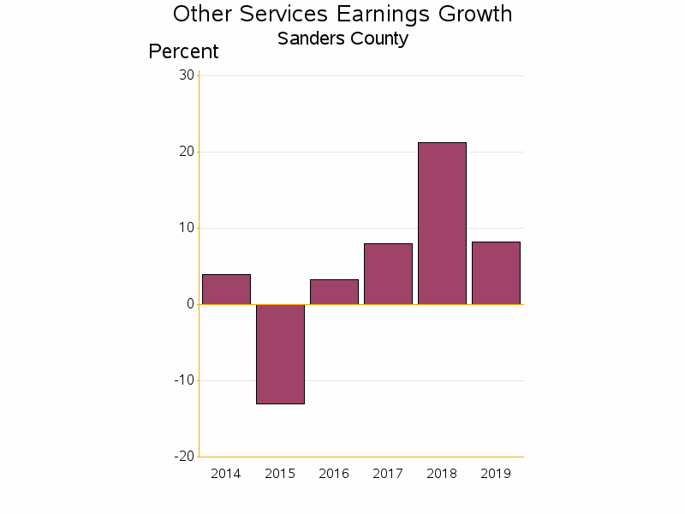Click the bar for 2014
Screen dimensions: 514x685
tap(226, 290)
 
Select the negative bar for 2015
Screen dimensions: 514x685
tap(280, 354)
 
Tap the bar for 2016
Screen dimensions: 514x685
tap(334, 292)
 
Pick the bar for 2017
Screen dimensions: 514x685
tap(388, 274)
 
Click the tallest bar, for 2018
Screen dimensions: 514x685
tap(442, 224)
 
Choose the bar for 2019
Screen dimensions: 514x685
tap(496, 273)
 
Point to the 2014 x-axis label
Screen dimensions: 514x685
tap(226, 474)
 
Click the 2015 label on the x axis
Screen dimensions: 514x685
tap(280, 474)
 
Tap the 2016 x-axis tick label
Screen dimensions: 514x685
tap(334, 474)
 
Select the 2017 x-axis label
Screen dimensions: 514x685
tap(388, 474)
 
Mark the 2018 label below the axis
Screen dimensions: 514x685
tap(442, 474)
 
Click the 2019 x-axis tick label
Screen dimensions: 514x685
tap(496, 474)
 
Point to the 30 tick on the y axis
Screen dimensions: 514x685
tap(186, 75)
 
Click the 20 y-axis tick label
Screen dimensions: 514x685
tap(186, 152)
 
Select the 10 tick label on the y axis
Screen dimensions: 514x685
tap(186, 228)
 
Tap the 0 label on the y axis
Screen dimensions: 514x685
tap(190, 304)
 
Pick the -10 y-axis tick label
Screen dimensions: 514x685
tap(183, 380)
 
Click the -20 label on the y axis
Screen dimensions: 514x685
tap(183, 457)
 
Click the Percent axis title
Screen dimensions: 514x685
tap(183, 51)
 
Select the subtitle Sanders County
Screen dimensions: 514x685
tap(342, 39)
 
